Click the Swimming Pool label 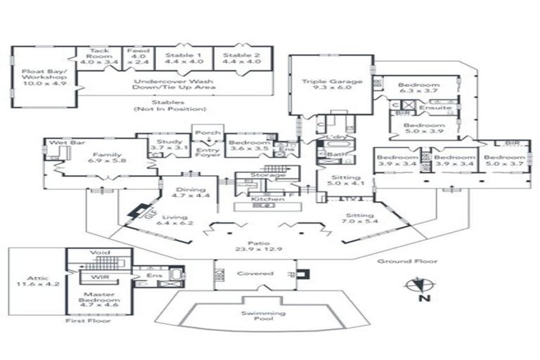(263, 316)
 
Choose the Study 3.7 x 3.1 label (169, 146)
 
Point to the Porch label (207, 132)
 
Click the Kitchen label (267, 200)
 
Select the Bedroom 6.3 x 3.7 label (419, 88)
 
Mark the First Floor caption (82, 320)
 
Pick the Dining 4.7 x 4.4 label (192, 193)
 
